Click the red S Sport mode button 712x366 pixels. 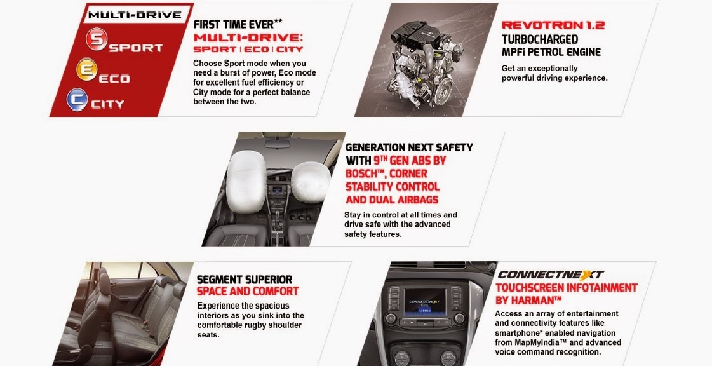coord(97,39)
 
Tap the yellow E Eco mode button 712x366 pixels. coord(87,69)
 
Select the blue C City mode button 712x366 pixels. coord(77,100)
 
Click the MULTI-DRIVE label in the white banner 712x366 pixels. coord(135,15)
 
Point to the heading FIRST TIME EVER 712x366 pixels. coord(234,25)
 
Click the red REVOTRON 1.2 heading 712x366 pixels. coord(553,25)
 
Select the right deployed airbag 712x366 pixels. coord(311,182)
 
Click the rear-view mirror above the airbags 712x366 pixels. coord(278,144)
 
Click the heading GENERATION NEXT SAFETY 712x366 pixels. coord(409,147)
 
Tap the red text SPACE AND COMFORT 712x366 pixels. coord(248,291)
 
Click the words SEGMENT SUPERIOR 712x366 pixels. coord(245,280)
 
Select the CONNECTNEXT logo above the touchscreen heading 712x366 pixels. coord(551,274)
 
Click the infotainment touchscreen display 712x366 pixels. coord(425,301)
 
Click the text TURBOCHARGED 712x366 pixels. coord(540,39)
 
